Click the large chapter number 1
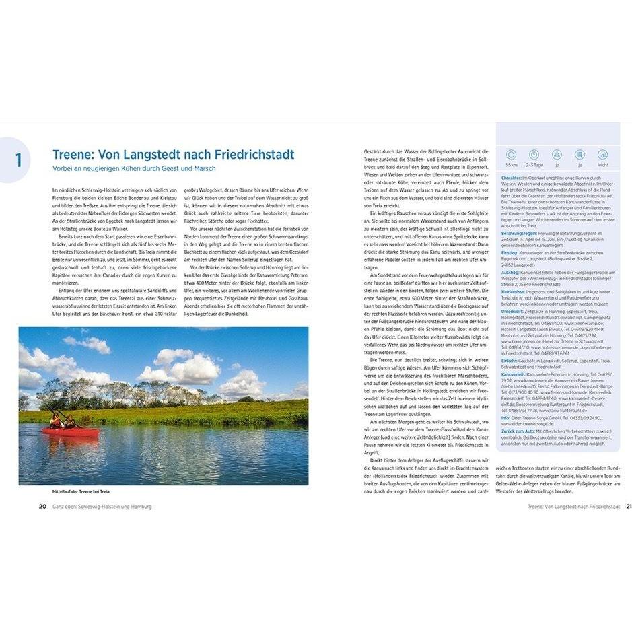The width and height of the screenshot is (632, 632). (x=18, y=160)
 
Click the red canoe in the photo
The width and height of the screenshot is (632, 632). (x=69, y=431)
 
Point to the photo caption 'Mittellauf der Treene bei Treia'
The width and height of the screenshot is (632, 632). (x=81, y=492)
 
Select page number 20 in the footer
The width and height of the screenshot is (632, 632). (x=42, y=507)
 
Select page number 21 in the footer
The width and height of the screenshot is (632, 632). (x=628, y=507)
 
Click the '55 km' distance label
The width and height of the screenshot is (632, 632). (x=512, y=165)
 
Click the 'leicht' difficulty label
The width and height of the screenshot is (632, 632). (x=602, y=165)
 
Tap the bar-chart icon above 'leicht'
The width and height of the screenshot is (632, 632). (x=602, y=154)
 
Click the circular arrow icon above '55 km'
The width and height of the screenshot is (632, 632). (x=512, y=154)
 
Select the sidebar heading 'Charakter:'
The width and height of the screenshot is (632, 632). (x=516, y=178)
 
